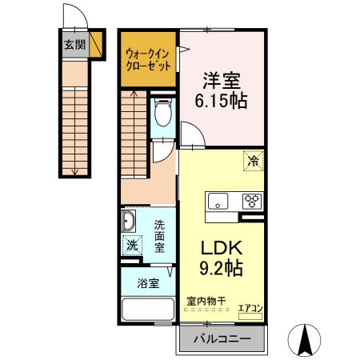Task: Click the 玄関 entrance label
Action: click(x=74, y=45)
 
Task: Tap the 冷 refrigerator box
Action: click(x=254, y=161)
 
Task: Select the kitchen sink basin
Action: click(x=218, y=200)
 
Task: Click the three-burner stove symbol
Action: click(x=253, y=200)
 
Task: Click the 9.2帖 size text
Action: click(x=216, y=268)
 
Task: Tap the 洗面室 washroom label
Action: click(x=160, y=237)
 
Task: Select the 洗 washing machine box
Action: click(x=131, y=245)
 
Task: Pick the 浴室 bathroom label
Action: click(x=147, y=282)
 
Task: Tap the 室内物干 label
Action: click(x=206, y=301)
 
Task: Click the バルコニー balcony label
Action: click(x=223, y=339)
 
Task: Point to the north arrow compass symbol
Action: click(x=306, y=339)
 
